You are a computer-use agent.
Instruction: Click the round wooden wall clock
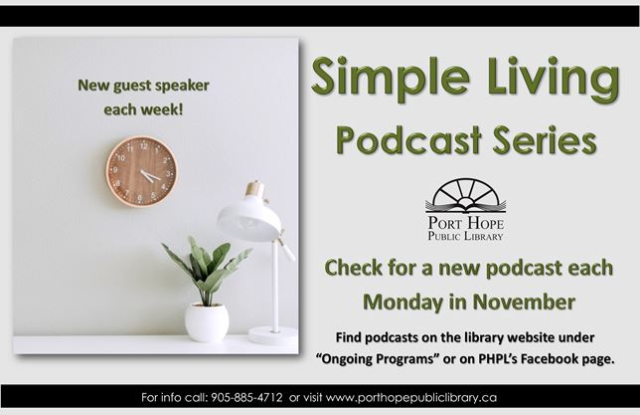[x=141, y=171]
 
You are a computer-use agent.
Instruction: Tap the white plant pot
[x=207, y=321]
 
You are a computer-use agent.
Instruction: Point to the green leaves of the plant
[x=207, y=267]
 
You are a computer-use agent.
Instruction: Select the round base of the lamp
[x=272, y=335]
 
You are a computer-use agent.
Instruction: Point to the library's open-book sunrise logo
[x=465, y=196]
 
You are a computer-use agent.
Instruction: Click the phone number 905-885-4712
[x=247, y=397]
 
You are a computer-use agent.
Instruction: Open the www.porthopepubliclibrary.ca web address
[x=410, y=397]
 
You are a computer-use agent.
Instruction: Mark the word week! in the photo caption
[x=164, y=108]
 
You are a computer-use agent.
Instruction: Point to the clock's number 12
[x=143, y=145]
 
